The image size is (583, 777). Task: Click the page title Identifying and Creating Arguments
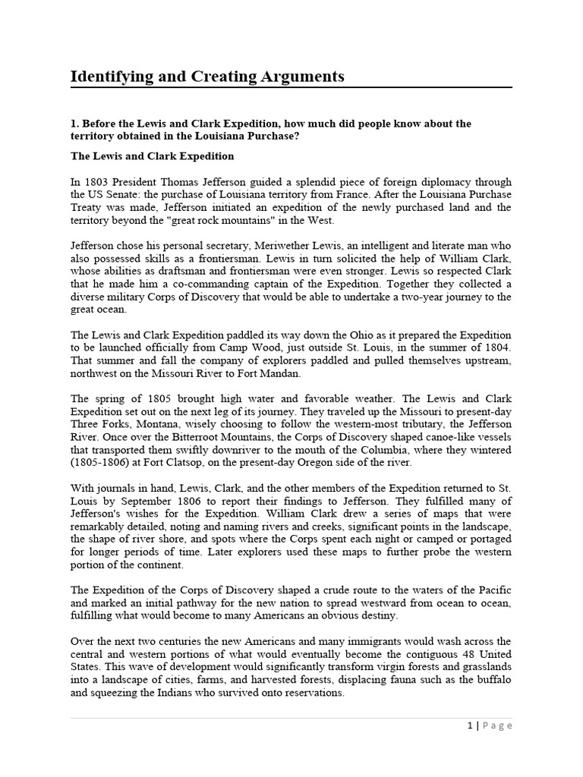point(207,77)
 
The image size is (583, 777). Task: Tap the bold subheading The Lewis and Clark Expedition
point(153,156)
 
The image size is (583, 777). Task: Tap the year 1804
point(498,348)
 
